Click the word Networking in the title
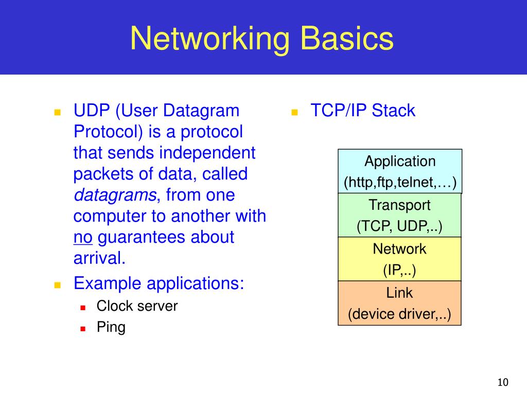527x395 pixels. coord(210,39)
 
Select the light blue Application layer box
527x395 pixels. coord(400,171)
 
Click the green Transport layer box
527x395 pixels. coord(399,216)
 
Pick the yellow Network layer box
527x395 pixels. coord(399,259)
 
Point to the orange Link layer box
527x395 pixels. coord(399,303)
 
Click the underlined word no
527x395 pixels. coord(83,238)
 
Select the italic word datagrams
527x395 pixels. coord(115,195)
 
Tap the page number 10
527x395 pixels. coord(503,382)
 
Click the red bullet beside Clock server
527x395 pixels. coord(83,308)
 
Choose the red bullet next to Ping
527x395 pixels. coord(83,329)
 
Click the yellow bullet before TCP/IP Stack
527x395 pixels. coord(295,112)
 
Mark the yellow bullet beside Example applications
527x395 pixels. coord(58,285)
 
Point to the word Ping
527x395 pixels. coord(111,327)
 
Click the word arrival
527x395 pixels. coord(99,258)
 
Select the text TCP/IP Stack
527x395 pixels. coord(363,111)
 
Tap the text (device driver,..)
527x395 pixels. coord(399,314)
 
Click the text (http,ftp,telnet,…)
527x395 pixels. coord(400,183)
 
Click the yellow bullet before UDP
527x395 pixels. coord(58,112)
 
